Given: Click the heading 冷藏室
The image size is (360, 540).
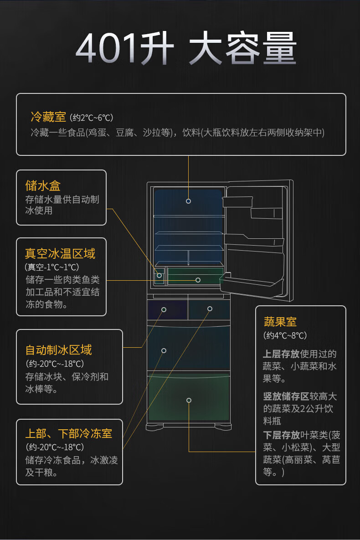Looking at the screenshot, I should (x=48, y=117).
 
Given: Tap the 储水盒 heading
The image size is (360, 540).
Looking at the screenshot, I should (x=43, y=185).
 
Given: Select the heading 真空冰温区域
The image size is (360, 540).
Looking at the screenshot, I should (x=60, y=253).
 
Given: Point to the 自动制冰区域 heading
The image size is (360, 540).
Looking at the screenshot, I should (x=58, y=350).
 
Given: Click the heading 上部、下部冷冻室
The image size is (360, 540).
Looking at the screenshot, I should (x=68, y=433).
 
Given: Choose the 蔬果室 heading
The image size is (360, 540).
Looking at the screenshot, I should (x=280, y=322).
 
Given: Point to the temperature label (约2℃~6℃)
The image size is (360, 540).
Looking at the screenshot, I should (x=92, y=118).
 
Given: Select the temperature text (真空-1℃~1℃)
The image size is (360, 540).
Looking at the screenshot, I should (x=52, y=267).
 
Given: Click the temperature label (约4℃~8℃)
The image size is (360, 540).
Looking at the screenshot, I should (x=285, y=335).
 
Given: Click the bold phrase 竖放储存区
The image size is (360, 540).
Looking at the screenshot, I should (x=286, y=396).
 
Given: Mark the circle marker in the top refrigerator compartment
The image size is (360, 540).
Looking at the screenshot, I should (x=188, y=201).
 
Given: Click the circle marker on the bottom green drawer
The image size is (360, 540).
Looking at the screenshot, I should (x=189, y=400).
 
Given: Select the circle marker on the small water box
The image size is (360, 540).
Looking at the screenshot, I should (x=159, y=275).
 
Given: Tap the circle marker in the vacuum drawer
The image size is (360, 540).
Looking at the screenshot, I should (x=198, y=280).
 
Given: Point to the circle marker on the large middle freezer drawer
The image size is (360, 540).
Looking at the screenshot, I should (x=164, y=350).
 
